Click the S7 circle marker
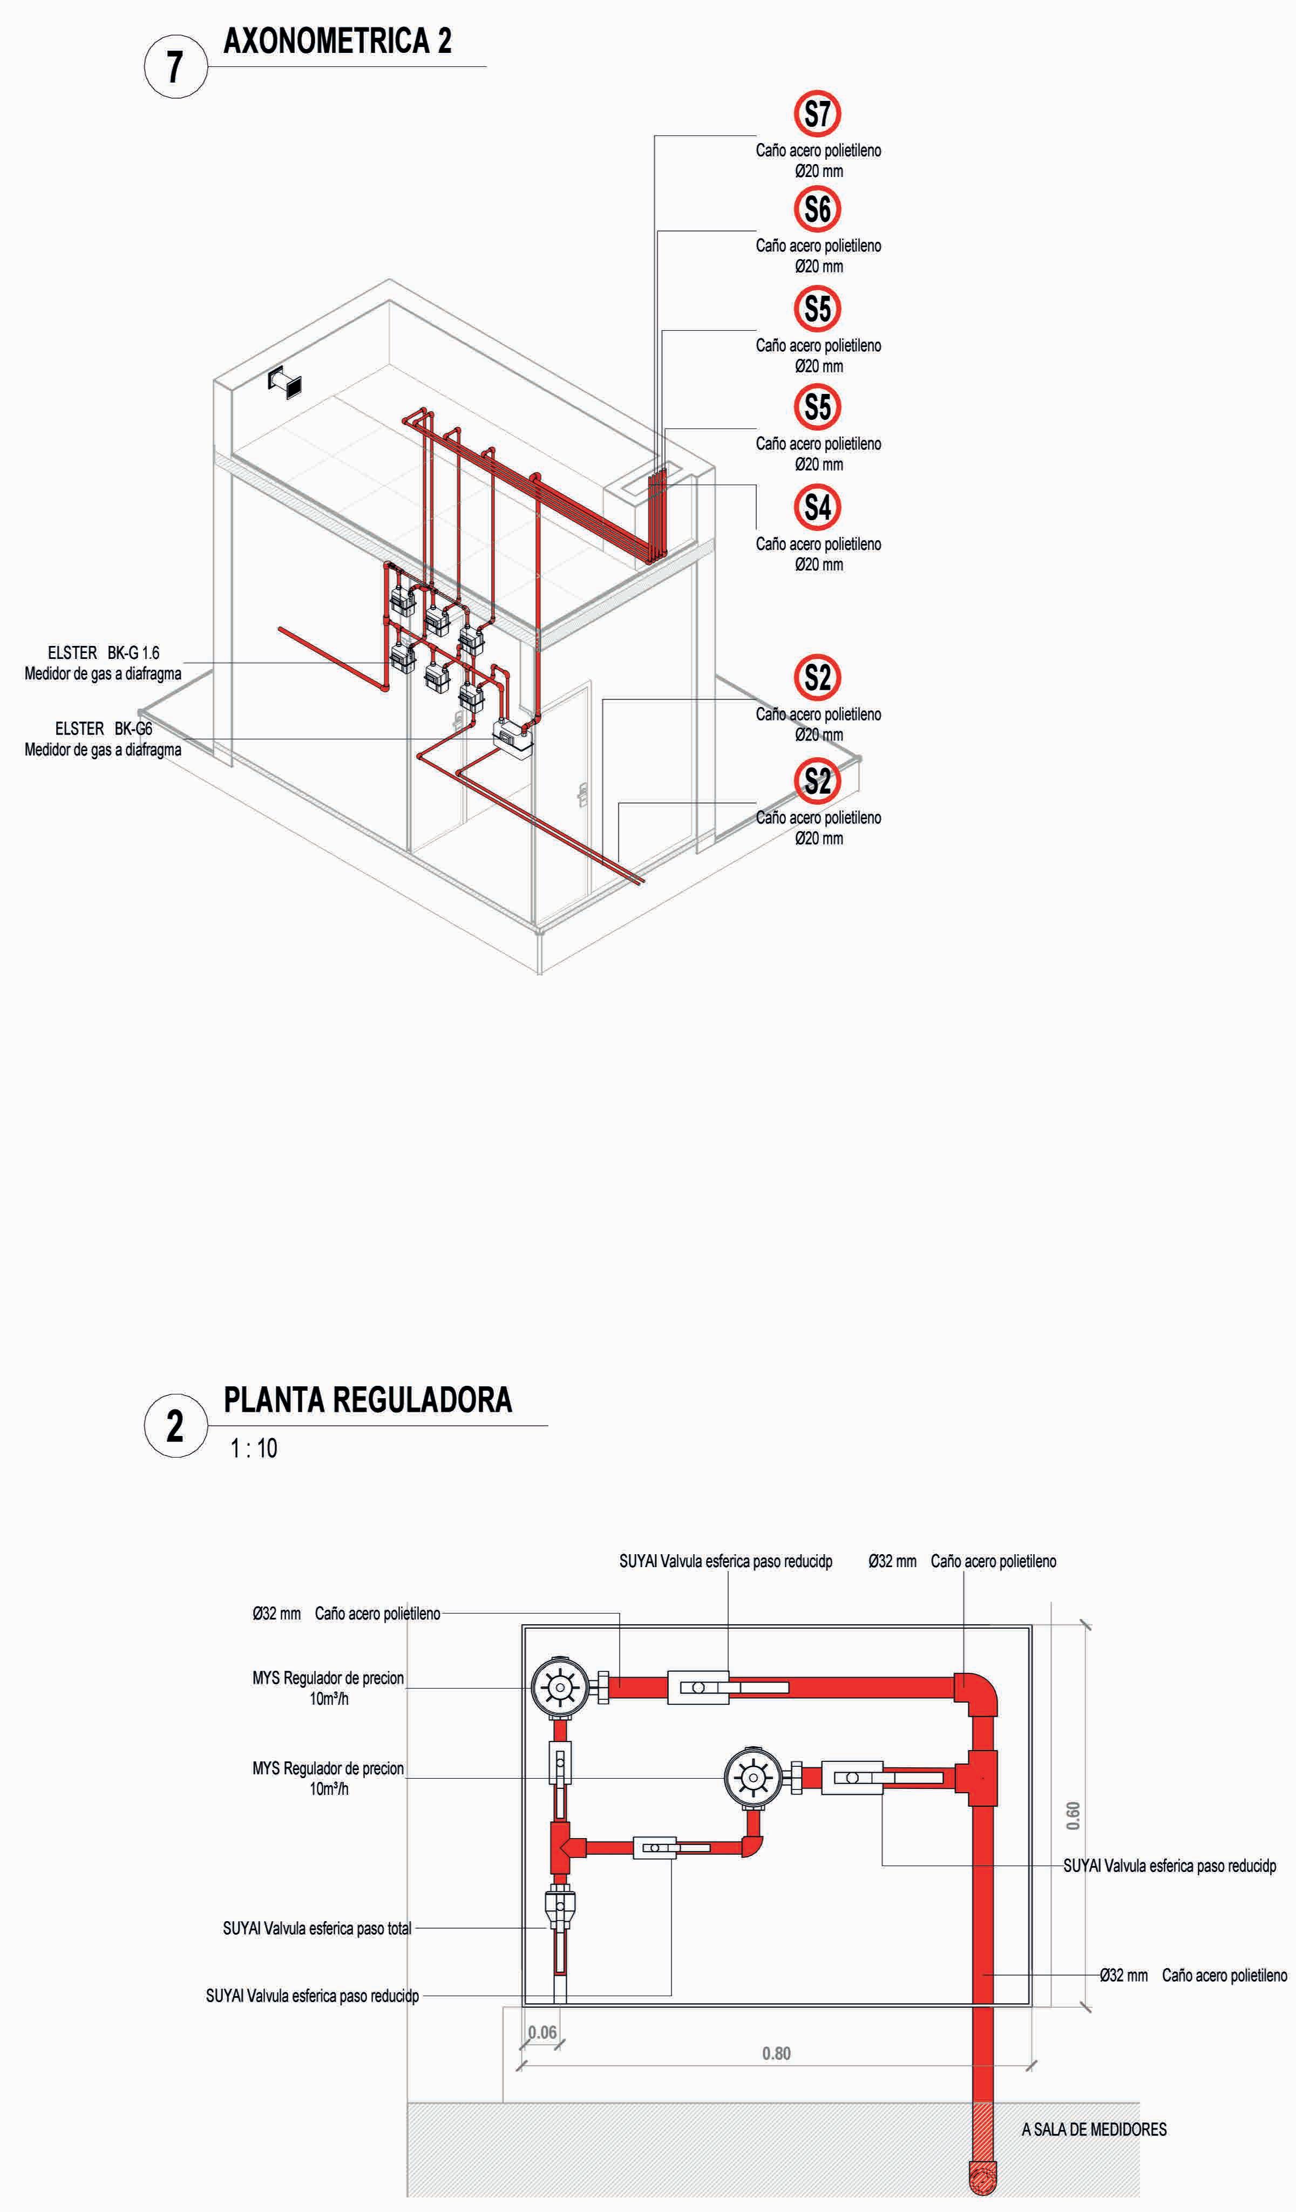click(817, 114)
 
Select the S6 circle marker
click(817, 209)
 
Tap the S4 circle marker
click(817, 507)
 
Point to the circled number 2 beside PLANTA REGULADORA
click(175, 1426)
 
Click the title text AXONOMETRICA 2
click(337, 41)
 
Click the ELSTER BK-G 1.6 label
click(104, 653)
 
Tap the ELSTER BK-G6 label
click(104, 729)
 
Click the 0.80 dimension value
click(776, 2053)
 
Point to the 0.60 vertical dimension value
click(1073, 1815)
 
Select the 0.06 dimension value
click(542, 2032)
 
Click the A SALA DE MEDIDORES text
click(1094, 2128)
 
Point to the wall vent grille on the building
click(286, 382)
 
